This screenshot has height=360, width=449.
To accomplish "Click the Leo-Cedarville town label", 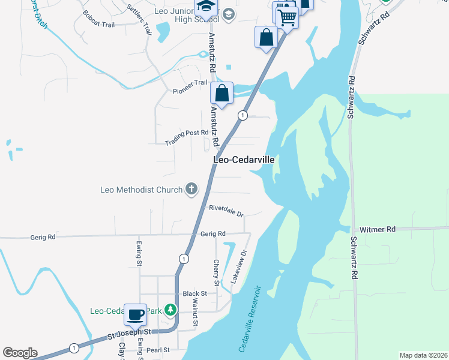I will point(244,160).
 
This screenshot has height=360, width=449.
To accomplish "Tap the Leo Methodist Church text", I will point(141,190).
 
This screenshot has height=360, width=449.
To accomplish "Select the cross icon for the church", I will point(191,190).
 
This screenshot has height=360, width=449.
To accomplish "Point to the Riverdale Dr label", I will point(226,211).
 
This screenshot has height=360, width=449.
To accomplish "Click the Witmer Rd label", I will point(378,229).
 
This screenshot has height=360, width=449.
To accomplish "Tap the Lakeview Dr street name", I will point(238,267).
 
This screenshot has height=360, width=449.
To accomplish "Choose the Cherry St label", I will point(216,272).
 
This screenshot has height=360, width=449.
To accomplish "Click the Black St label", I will point(194,294).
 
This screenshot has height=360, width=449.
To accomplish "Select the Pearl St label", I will point(158,349).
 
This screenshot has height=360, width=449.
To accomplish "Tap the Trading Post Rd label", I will point(187,137).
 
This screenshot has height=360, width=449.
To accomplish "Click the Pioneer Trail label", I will point(190,86).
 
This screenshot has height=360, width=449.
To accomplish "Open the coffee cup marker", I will point(135,314).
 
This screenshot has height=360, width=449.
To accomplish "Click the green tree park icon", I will point(171,310).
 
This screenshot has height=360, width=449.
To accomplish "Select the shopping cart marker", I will point(288,19).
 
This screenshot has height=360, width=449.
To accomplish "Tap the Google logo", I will point(20,353).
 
